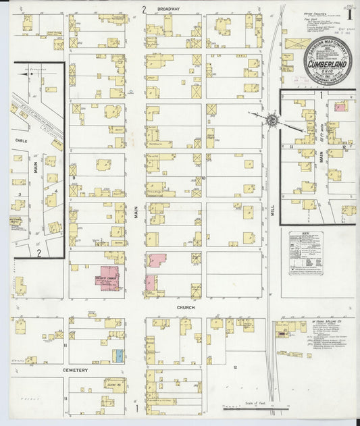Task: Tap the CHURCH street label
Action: pos(186,307)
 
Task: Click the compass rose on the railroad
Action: pos(270,119)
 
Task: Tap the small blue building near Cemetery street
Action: pos(119,354)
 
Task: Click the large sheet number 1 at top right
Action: pos(349,12)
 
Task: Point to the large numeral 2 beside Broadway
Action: pos(144,9)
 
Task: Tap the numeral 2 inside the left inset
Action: pos(39,253)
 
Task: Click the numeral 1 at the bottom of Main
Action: pos(137,408)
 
